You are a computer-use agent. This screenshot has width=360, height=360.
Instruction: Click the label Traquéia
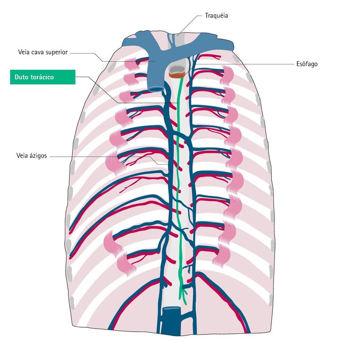216,16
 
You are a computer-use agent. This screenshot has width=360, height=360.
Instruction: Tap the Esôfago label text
307,64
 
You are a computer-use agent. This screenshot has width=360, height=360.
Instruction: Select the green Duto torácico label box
43,77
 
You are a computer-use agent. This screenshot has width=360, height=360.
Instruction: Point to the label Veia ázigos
31,156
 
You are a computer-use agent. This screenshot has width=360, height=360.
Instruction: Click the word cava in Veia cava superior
38,52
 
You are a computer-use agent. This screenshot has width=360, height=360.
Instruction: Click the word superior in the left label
57,52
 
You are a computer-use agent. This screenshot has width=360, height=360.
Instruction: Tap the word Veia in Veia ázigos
22,155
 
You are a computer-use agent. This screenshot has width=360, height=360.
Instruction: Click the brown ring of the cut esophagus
177,75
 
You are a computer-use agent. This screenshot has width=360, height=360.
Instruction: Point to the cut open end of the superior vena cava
156,89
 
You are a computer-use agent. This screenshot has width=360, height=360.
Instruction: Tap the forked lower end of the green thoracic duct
183,296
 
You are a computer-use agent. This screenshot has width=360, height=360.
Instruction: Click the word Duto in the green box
21,77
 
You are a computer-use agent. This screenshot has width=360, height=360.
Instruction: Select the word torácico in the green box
41,77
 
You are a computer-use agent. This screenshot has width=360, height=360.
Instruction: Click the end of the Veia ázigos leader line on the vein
169,165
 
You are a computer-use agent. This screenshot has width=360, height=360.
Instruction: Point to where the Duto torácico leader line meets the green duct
177,103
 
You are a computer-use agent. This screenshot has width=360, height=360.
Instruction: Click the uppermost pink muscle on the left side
131,64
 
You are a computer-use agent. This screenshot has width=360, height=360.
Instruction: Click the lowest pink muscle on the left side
126,264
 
